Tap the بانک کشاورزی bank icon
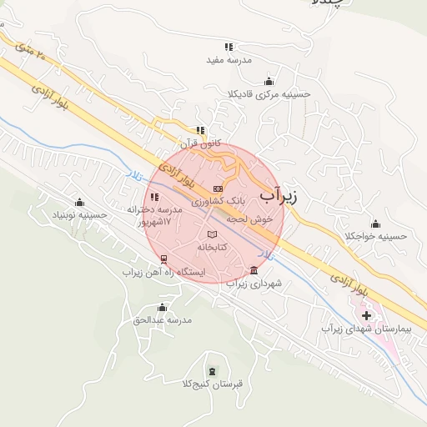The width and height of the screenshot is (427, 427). click(218, 188)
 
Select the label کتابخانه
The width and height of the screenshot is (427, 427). click(213, 248)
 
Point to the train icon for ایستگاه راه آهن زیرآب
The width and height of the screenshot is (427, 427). click(163, 259)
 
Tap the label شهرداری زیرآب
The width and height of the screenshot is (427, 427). click(255, 284)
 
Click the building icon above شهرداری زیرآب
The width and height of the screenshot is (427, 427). click(254, 269)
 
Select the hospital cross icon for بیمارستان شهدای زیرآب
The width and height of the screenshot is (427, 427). click(366, 316)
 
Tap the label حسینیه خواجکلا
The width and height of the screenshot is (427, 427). click(376, 236)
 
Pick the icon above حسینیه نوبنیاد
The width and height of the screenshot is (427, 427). click(79, 202)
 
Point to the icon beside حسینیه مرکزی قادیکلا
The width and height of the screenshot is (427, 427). click(269, 81)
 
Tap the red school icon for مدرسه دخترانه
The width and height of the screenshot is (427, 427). click(154, 197)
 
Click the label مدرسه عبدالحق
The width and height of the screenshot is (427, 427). click(163, 319)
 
